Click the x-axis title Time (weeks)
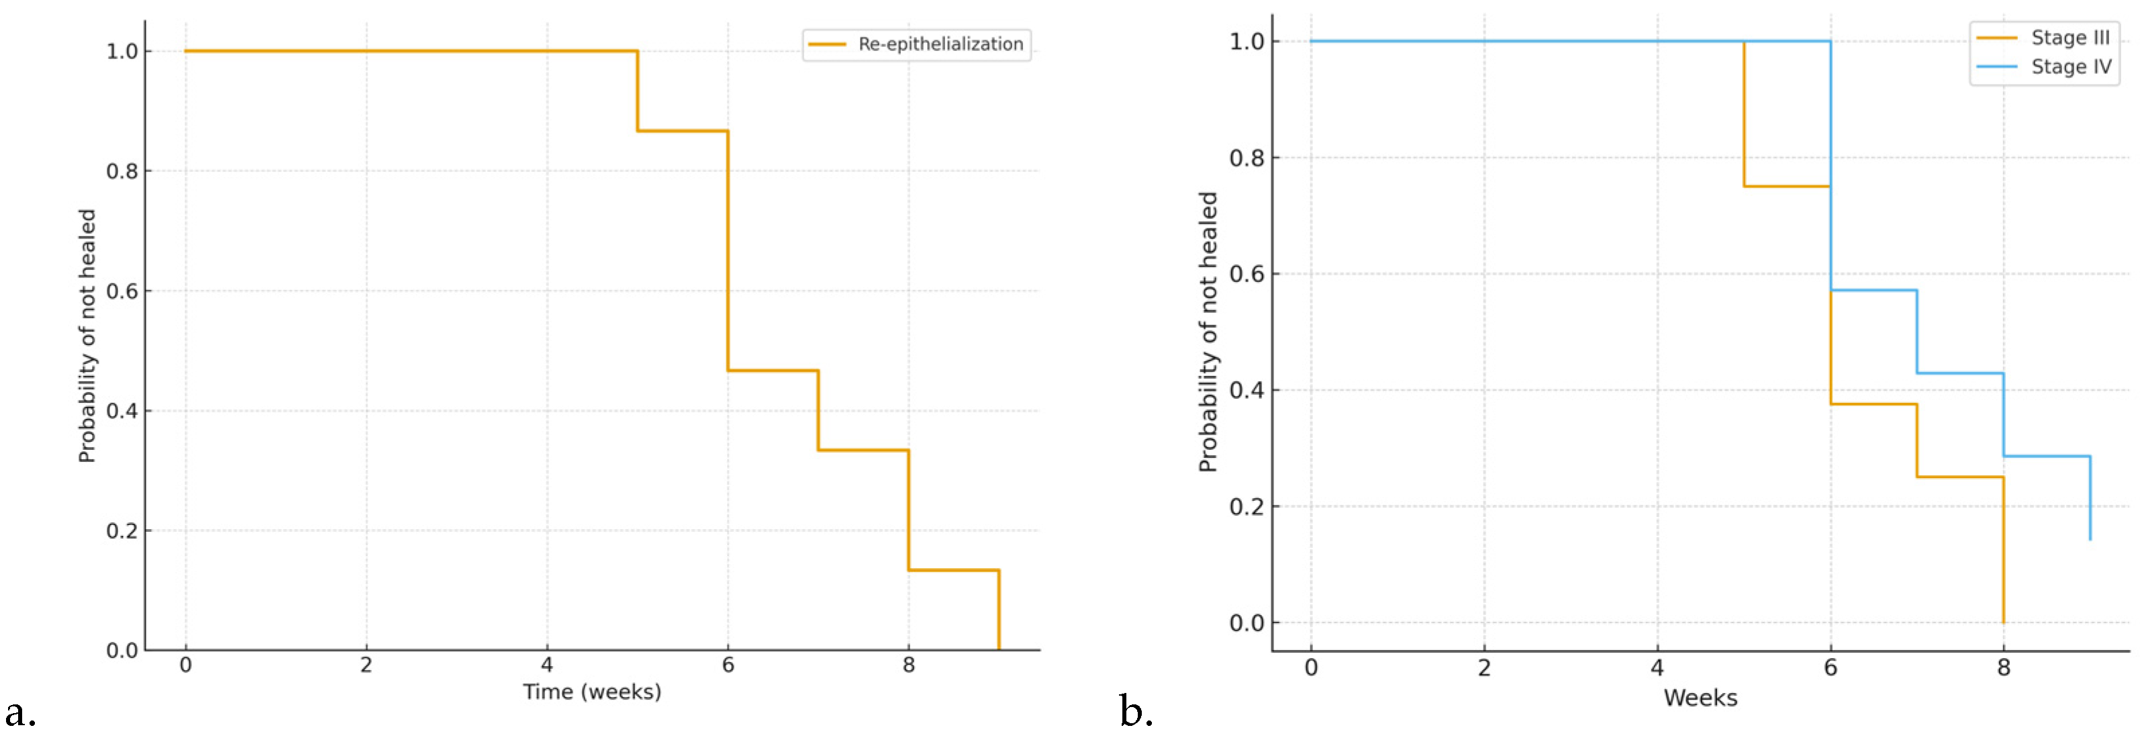[592, 692]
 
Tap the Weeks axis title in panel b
[1700, 698]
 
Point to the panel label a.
[20, 713]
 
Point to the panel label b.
[1135, 712]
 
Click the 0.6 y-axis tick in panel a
[121, 291]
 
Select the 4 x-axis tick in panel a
[547, 665]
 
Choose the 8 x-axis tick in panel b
[2003, 667]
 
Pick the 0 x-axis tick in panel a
[185, 665]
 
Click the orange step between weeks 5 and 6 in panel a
[683, 131]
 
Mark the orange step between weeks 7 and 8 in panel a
[863, 451]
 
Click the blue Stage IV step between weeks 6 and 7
[1873, 291]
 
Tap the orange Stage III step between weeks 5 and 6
[1786, 187]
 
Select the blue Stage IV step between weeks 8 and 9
[2046, 456]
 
